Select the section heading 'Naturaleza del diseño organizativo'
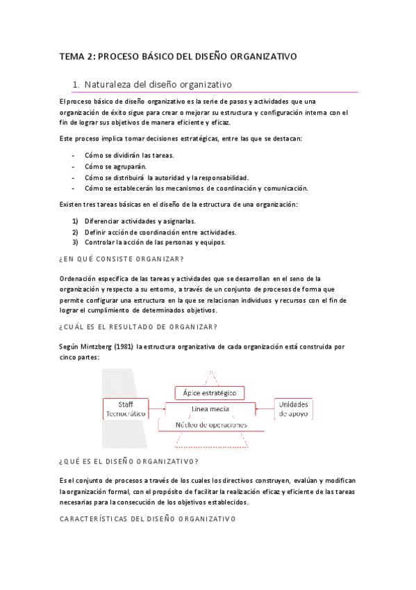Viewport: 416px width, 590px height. click(158, 85)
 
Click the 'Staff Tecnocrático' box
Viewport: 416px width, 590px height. click(126, 408)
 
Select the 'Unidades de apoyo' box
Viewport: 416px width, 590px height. click(294, 408)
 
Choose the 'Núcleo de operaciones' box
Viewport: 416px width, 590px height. click(210, 424)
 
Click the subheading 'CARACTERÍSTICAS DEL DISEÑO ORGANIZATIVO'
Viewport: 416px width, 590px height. click(147, 518)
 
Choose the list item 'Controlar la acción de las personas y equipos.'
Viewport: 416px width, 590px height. click(155, 243)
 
